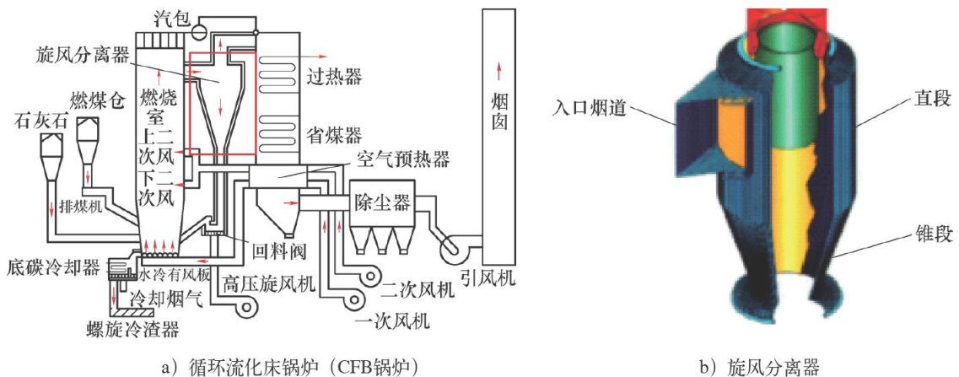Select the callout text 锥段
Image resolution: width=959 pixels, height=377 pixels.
tap(924, 229)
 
